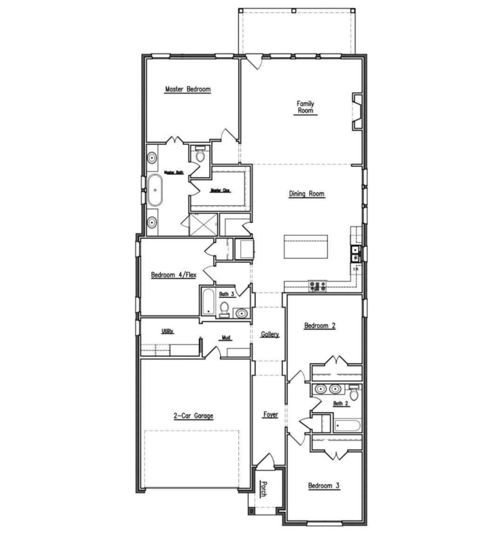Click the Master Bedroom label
tap(188, 89)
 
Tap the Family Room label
tap(305, 107)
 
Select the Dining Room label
tap(306, 194)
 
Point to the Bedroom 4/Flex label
tap(174, 275)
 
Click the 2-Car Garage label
tap(193, 416)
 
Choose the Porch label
tap(263, 489)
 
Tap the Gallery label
tap(269, 334)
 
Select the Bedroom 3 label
tap(323, 486)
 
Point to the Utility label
tap(168, 331)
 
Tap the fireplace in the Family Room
tap(357, 111)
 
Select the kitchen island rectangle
tap(305, 247)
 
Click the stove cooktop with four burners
tap(317, 287)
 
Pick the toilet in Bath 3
tap(224, 309)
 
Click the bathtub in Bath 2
tap(347, 426)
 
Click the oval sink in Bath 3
tap(242, 314)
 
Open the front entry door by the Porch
tap(266, 462)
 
